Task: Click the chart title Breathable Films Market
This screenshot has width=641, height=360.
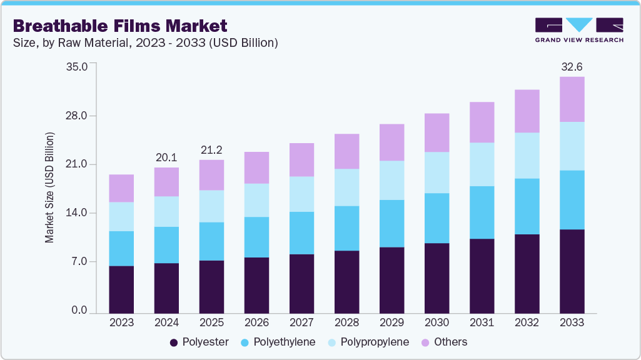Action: pyautogui.click(x=119, y=26)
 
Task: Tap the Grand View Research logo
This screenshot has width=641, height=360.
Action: pyautogui.click(x=578, y=29)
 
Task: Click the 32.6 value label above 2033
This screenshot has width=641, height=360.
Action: pyautogui.click(x=572, y=66)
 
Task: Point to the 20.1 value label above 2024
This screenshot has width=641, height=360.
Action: pyautogui.click(x=166, y=157)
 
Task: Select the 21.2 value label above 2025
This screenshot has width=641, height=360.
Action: pyautogui.click(x=211, y=149)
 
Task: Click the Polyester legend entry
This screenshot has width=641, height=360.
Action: pyautogui.click(x=199, y=342)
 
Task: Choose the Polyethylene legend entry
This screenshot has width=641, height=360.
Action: pyautogui.click(x=278, y=342)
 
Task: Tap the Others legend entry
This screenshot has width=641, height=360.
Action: pyautogui.click(x=445, y=342)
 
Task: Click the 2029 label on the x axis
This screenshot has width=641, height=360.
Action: pyautogui.click(x=391, y=322)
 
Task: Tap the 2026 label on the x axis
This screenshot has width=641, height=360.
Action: pyautogui.click(x=256, y=322)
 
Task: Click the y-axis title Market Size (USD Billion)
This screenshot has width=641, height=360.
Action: pyautogui.click(x=49, y=187)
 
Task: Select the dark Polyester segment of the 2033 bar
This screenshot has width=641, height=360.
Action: pyautogui.click(x=572, y=271)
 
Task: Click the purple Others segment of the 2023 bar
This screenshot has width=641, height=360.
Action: pyautogui.click(x=121, y=188)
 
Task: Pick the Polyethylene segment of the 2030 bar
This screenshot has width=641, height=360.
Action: pyautogui.click(x=437, y=218)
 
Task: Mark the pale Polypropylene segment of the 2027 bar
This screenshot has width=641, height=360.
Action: pyautogui.click(x=301, y=194)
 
